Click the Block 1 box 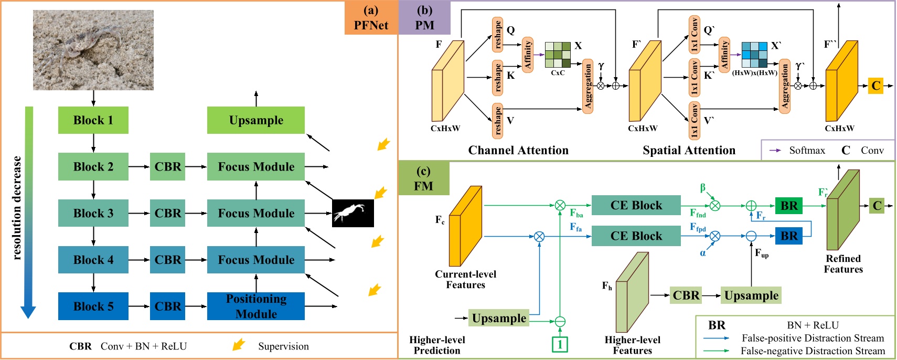click(93, 120)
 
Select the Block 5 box click(93, 306)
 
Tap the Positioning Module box click(256, 306)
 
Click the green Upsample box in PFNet click(256, 120)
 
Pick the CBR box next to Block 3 click(167, 213)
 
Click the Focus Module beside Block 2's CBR click(256, 166)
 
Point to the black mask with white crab click(353, 213)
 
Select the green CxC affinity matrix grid click(558, 55)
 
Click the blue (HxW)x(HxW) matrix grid click(754, 55)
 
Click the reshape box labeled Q click(497, 34)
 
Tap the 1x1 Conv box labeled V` click(694, 120)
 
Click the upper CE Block click(636, 205)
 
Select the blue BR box click(788, 236)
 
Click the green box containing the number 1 click(560, 344)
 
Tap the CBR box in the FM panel click(686, 295)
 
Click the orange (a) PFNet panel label click(371, 18)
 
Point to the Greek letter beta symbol click(703, 188)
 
